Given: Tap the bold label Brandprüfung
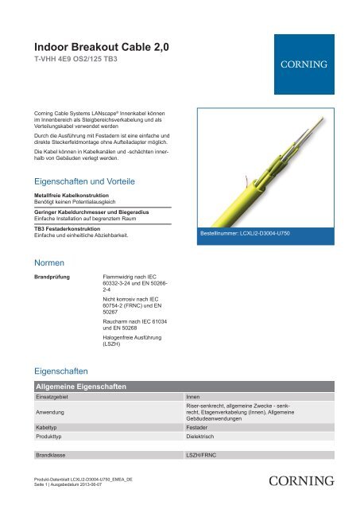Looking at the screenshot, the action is tap(52, 278).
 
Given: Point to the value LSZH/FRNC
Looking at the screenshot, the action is tap(205, 457).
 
